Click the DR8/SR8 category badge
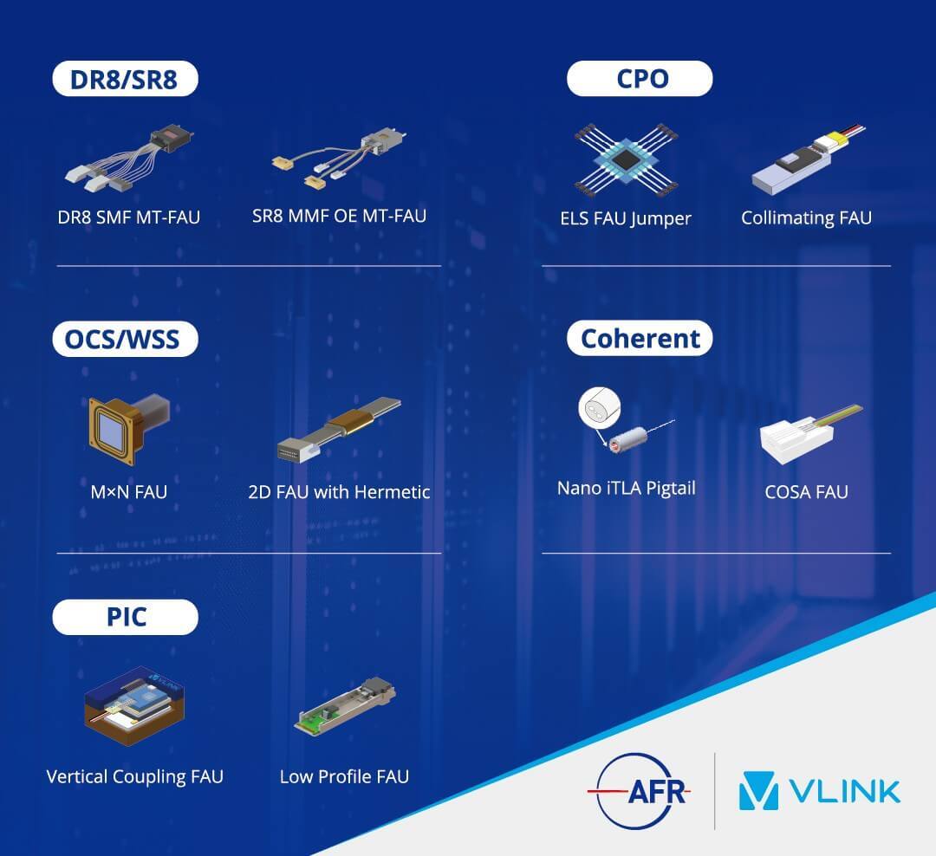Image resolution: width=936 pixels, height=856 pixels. (x=125, y=79)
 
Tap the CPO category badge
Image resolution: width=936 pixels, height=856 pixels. (x=640, y=79)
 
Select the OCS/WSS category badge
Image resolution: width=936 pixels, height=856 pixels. (x=125, y=339)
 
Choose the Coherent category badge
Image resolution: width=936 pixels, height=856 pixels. (x=640, y=339)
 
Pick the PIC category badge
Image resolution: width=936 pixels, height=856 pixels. (x=125, y=617)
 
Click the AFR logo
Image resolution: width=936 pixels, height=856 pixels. (x=639, y=792)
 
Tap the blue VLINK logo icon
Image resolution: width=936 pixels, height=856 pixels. (x=758, y=791)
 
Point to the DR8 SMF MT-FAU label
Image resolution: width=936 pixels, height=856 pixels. (x=129, y=217)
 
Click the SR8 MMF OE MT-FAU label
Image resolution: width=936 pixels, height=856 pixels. (x=339, y=216)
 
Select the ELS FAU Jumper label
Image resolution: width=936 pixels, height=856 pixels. (x=626, y=218)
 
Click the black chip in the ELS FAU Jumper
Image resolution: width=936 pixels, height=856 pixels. (x=625, y=159)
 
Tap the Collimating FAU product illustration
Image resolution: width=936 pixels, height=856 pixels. (x=809, y=160)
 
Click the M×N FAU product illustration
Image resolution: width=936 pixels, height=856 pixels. (x=129, y=429)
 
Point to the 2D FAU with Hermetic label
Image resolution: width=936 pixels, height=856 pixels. (x=339, y=492)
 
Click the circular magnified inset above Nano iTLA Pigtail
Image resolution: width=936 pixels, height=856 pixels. (x=600, y=408)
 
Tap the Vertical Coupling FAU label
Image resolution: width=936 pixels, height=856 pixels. (x=135, y=776)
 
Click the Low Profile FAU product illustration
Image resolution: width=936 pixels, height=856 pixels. (x=345, y=706)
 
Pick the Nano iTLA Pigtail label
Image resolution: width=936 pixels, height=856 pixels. (x=627, y=489)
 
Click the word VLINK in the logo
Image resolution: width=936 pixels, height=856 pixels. (x=844, y=792)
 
